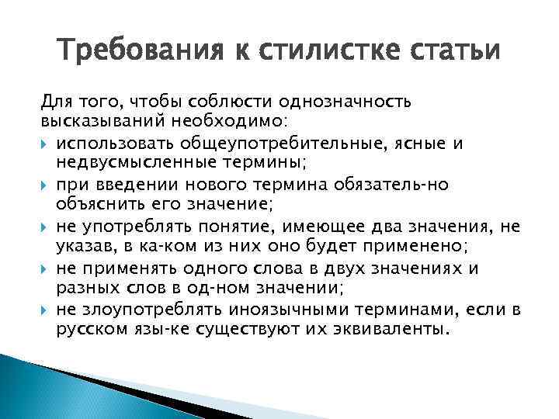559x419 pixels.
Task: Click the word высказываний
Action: pyautogui.click(x=97, y=122)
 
